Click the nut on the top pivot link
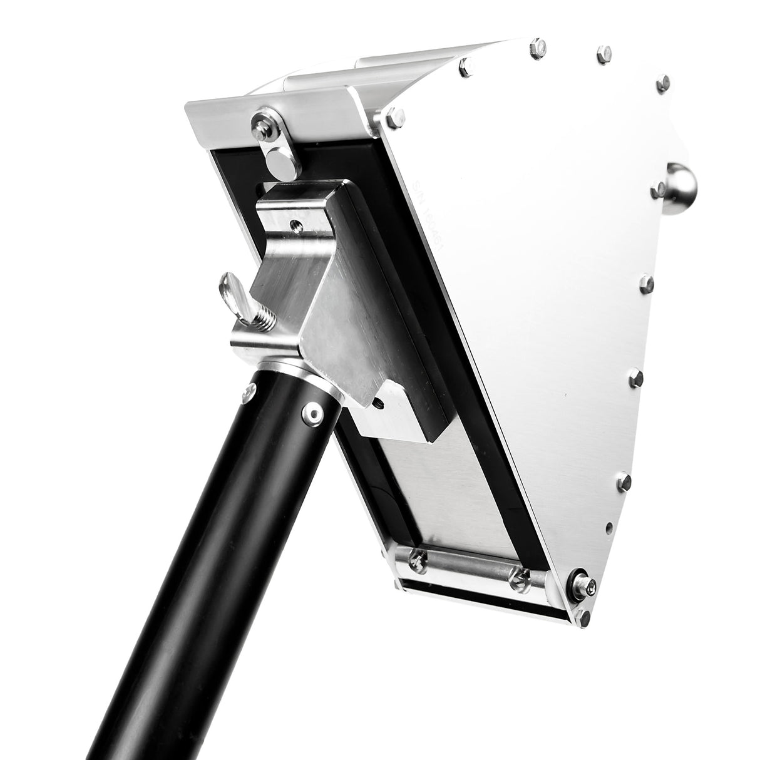click(260, 126)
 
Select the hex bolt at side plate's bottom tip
click(584, 619)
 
